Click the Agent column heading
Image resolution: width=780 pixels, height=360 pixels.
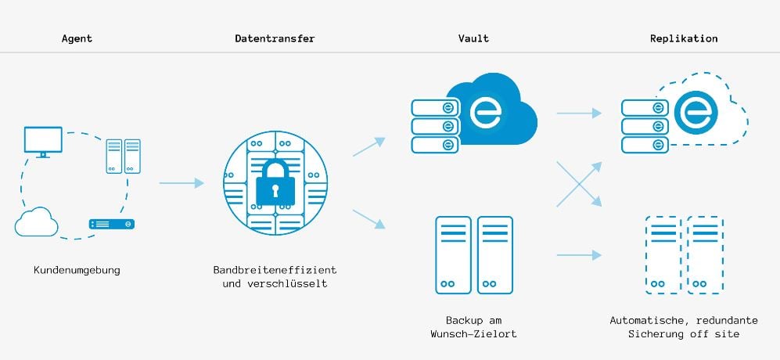77,38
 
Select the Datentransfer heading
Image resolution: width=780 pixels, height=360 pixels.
275,38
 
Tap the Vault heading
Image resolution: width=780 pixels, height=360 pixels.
473,38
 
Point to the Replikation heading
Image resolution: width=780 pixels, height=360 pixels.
684,38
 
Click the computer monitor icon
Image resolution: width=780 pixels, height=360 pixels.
43,141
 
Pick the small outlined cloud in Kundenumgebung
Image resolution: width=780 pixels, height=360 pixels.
36,221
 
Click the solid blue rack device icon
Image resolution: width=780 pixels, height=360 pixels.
111,224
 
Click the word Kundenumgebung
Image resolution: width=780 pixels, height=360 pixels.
77,270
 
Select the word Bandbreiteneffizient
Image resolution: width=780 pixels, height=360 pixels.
275,270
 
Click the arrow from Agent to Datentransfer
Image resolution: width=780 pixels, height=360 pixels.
182,183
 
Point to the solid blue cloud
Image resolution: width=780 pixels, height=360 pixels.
492,110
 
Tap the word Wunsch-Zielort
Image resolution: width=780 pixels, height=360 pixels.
473,333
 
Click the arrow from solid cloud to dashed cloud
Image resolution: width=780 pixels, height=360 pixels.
579,113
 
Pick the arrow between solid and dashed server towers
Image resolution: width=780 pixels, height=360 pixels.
579,255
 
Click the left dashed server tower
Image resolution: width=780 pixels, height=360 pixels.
663,255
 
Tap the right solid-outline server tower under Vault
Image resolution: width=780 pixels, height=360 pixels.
495,255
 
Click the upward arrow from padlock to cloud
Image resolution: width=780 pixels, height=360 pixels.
369,147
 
